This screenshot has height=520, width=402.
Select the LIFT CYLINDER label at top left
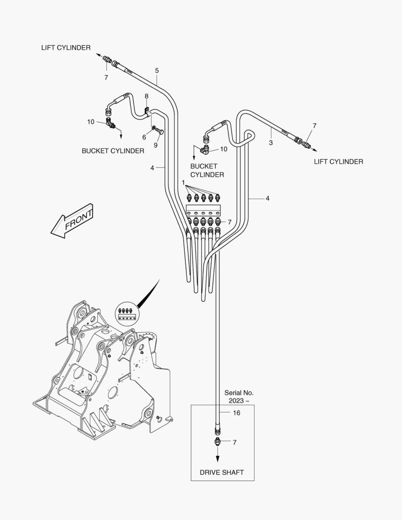tap(66, 47)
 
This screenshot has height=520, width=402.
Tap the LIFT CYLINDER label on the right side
tap(338, 162)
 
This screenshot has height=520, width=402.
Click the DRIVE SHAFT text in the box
tap(222, 472)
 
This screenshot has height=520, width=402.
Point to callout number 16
tap(236, 413)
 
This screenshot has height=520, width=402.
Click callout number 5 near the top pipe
tap(157, 71)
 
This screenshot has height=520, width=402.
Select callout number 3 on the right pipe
tap(271, 143)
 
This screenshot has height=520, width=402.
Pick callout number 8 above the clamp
tap(147, 97)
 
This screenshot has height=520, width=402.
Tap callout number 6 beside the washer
tap(144, 137)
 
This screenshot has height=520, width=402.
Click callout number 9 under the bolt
tap(156, 145)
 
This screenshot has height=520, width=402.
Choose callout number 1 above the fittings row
tap(183, 182)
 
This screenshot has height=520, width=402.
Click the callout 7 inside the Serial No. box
tap(234, 442)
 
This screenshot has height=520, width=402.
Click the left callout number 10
tap(91, 122)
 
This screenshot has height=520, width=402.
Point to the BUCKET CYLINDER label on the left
tap(113, 151)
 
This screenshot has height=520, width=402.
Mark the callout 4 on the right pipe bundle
tap(267, 198)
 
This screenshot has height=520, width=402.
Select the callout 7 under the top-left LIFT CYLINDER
tap(106, 77)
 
